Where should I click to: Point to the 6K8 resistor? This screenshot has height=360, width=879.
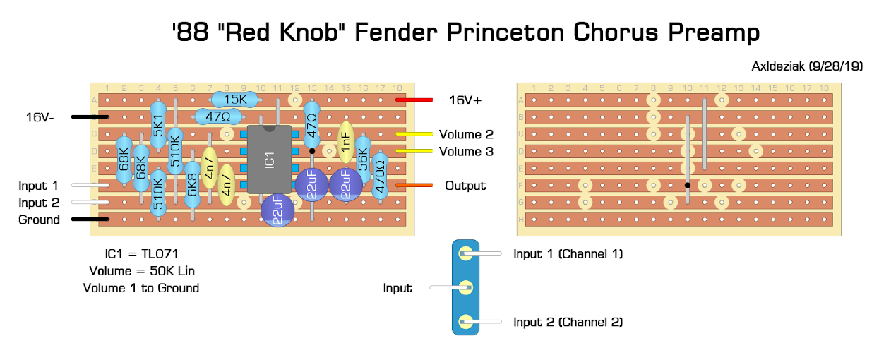click(x=192, y=185)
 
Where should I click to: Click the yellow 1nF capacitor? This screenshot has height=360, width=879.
click(x=345, y=140)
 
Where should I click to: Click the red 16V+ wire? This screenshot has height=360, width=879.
click(x=411, y=100)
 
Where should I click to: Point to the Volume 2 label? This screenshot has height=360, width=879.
click(x=466, y=134)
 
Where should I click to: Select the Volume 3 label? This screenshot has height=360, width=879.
click(x=466, y=151)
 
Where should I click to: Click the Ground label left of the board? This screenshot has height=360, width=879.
click(x=39, y=220)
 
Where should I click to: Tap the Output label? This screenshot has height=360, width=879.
click(x=465, y=186)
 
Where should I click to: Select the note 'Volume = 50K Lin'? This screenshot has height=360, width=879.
click(x=141, y=271)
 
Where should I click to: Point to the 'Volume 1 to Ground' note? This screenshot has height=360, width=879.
click(x=141, y=288)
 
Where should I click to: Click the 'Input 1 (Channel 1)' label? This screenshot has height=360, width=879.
click(x=568, y=253)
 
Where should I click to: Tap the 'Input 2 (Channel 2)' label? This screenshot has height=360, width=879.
click(x=568, y=322)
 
